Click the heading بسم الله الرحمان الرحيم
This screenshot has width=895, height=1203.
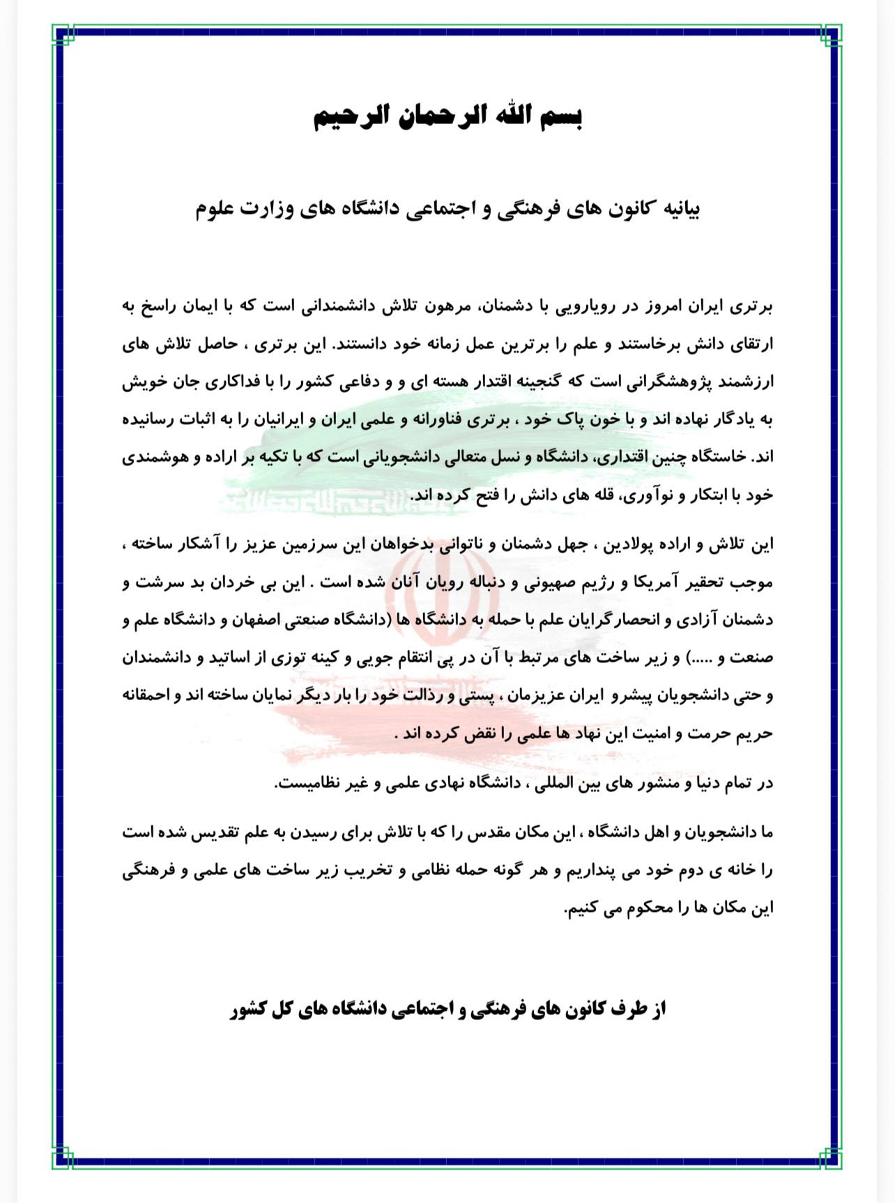[x=447, y=117]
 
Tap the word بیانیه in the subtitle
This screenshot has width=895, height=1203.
[x=675, y=209]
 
